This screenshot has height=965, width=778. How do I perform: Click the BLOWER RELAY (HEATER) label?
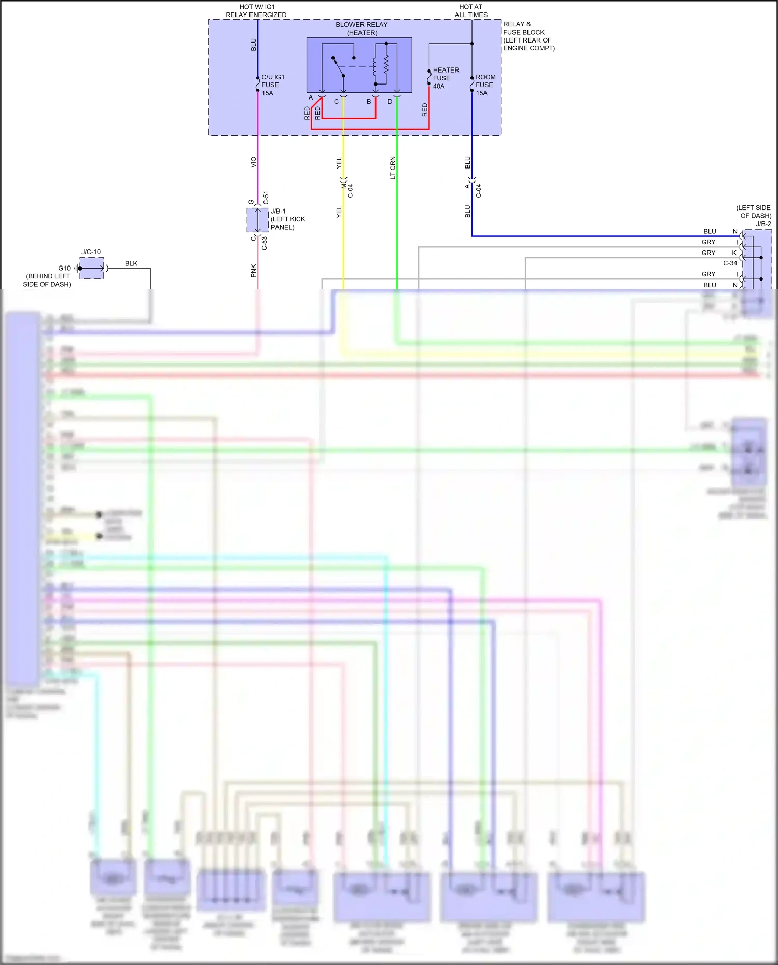click(362, 29)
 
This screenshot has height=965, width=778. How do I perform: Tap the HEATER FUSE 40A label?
click(446, 78)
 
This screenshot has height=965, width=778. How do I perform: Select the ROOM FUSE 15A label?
click(485, 85)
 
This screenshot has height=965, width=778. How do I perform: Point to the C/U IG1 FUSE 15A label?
click(272, 85)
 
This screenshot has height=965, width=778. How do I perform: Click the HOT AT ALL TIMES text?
click(471, 11)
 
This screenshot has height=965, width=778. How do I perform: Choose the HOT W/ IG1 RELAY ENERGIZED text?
click(256, 11)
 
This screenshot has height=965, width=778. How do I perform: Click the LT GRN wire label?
click(393, 168)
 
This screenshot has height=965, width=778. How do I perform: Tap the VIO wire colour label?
click(254, 162)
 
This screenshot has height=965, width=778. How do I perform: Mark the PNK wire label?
click(254, 271)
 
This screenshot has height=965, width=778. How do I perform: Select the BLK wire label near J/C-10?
click(131, 263)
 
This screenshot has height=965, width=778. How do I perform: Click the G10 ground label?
click(64, 268)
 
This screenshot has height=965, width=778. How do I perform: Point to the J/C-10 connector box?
click(92, 269)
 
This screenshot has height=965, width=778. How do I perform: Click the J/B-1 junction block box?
click(257, 220)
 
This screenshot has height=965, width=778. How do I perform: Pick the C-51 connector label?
click(266, 198)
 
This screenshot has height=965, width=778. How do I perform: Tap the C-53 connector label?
click(265, 243)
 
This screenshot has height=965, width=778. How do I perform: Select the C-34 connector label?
click(730, 263)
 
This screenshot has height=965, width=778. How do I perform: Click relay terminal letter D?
click(390, 102)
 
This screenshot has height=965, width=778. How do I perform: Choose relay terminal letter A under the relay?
click(311, 97)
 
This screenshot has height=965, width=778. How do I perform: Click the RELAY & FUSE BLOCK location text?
click(529, 36)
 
